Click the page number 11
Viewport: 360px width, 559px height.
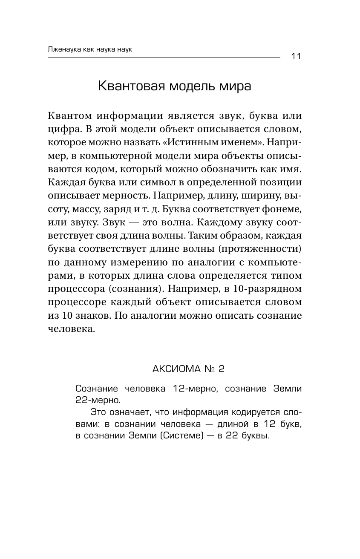[296, 57]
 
